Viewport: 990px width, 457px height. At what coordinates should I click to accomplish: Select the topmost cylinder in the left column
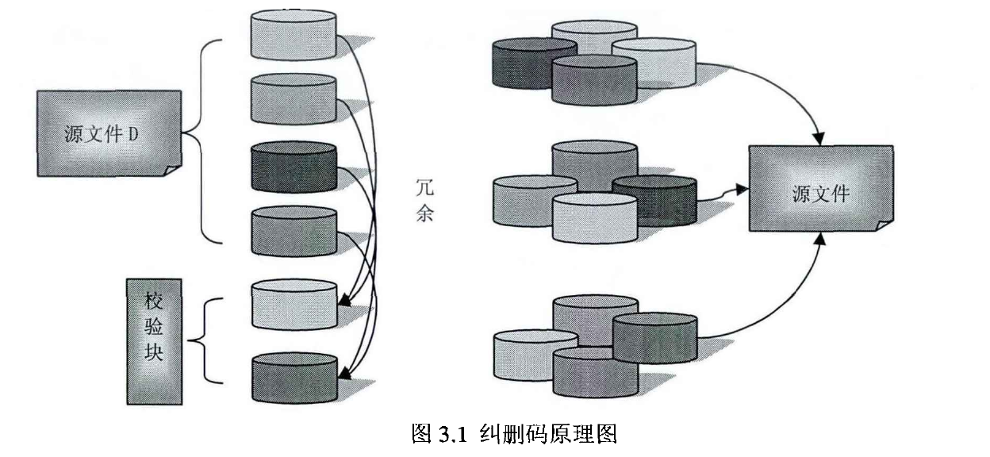(x=294, y=35)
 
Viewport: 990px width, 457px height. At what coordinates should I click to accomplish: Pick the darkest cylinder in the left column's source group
(x=294, y=167)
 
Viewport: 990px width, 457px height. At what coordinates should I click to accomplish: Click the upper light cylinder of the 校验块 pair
(x=294, y=305)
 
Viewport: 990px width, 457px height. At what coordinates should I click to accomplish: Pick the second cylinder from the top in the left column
(x=294, y=99)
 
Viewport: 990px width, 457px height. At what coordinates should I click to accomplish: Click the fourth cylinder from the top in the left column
(x=294, y=232)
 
